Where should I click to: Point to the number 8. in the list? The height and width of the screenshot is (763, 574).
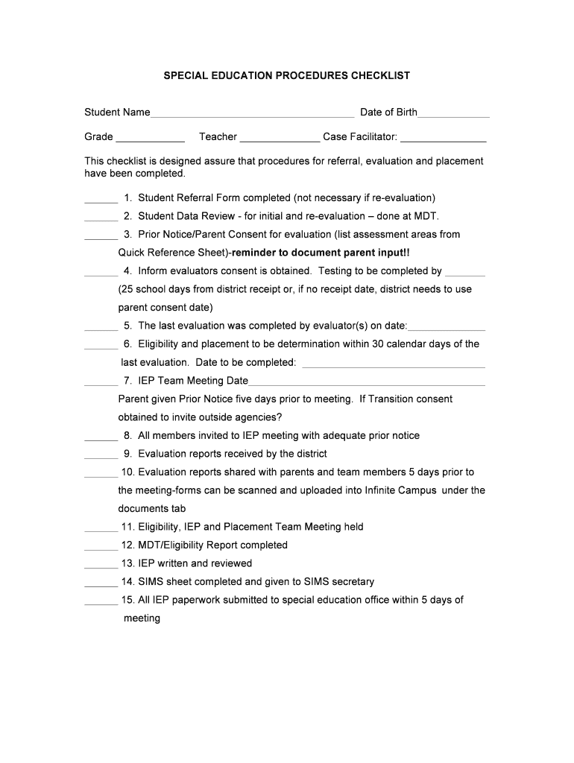[x=127, y=435]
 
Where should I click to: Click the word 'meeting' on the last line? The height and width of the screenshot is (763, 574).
[x=142, y=618]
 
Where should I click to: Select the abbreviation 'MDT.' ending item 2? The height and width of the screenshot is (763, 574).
[x=426, y=216]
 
